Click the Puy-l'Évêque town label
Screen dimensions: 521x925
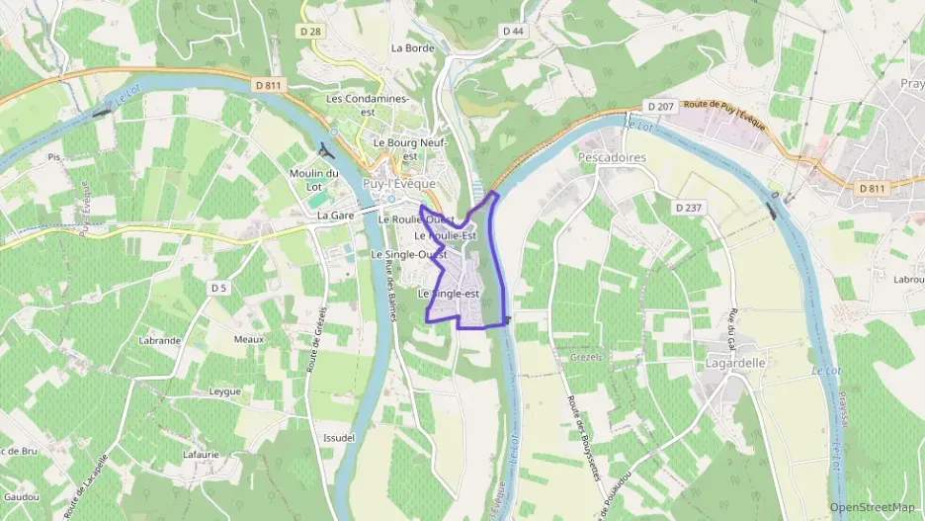[399, 184]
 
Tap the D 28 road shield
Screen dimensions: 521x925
[309, 32]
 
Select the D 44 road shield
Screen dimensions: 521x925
[512, 32]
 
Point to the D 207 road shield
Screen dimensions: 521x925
[659, 106]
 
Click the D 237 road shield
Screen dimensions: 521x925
[689, 208]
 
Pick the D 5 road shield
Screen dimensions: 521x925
[219, 288]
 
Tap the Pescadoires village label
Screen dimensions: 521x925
[611, 157]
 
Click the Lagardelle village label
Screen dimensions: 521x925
[736, 363]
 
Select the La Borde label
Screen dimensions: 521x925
[413, 47]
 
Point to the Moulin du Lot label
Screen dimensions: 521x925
[314, 180]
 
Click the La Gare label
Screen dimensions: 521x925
[336, 215]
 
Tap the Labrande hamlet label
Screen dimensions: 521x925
[160, 340]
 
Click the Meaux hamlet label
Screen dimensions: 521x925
[249, 339]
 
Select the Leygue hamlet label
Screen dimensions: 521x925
[225, 391]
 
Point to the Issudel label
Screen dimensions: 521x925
[339, 437]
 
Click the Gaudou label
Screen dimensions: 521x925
[21, 495]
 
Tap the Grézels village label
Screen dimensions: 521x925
[586, 356]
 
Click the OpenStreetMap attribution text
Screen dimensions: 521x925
[872, 508]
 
